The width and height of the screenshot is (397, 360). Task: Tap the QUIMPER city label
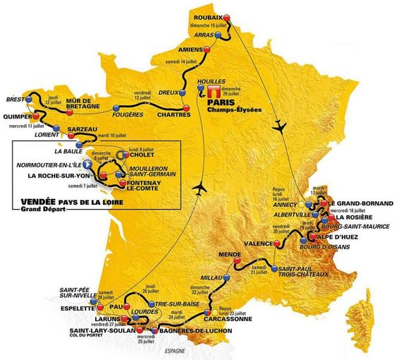(x=18, y=117)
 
